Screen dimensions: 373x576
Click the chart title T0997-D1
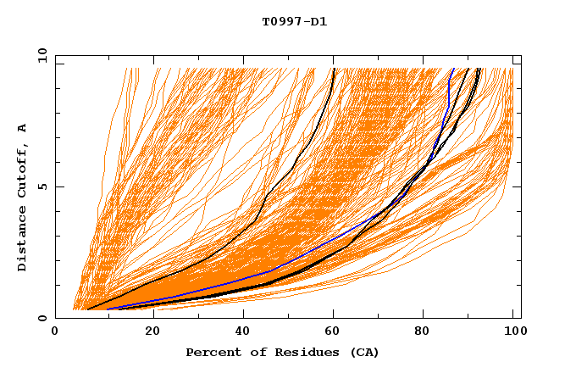294,22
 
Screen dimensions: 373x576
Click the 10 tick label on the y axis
39,55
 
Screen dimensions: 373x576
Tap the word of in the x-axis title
250,352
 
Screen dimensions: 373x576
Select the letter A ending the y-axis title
22,127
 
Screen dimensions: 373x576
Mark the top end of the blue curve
454,69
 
